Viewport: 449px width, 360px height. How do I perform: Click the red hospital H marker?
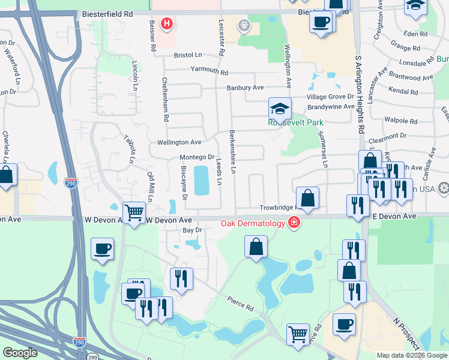pos(167,25)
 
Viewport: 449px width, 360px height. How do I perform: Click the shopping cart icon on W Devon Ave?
pos(134,212)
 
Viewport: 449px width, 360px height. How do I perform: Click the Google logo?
pos(20,353)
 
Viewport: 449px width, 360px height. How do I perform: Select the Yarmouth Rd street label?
pos(209,72)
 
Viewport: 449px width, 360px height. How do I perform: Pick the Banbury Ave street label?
pos(246,88)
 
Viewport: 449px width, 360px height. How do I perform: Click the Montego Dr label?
pos(197,157)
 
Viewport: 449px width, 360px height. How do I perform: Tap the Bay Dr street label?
pos(190,230)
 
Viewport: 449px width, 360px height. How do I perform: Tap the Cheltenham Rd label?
pos(165,99)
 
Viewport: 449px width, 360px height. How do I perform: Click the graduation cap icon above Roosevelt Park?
pos(280,109)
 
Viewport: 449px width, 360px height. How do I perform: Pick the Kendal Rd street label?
pos(403,92)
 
